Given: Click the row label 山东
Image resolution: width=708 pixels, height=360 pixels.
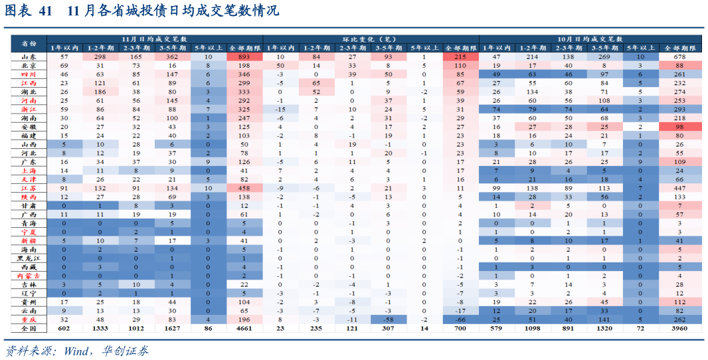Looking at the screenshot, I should click(29, 57).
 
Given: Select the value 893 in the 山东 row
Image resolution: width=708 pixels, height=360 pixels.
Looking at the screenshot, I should click(242, 57).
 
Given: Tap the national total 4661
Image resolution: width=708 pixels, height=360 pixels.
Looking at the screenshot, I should click(242, 328).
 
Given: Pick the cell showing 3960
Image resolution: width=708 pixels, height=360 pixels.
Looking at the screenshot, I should click(679, 328).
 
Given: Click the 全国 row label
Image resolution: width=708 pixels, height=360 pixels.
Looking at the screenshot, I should click(29, 328).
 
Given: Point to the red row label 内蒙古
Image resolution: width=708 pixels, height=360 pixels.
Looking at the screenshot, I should click(29, 276).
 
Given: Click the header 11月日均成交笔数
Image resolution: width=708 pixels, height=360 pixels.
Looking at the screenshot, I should click(154, 40).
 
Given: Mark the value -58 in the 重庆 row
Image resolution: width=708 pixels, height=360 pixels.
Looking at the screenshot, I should click(388, 319).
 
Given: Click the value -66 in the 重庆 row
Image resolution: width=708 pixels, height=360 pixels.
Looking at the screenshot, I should click(460, 319).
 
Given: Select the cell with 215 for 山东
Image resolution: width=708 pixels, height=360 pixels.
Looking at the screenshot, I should click(460, 57).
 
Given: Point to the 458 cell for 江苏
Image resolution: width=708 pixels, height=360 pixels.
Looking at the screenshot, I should click(242, 188).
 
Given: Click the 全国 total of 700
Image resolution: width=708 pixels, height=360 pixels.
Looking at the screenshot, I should click(460, 328).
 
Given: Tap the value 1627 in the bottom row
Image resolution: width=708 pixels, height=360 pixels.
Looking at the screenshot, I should click(171, 328).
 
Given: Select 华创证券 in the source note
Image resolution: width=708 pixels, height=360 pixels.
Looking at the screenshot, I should click(126, 351).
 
